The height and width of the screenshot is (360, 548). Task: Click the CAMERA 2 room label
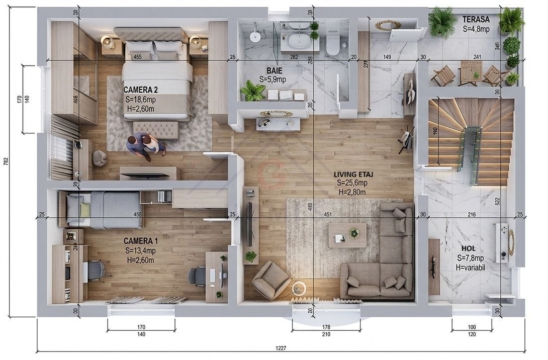click(141, 90)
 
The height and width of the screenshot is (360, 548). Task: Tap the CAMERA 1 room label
click(140, 241)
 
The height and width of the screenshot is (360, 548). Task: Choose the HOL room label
click(468, 249)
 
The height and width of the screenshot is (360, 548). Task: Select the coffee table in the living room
click(347, 235)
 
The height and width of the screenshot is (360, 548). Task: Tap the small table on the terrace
click(470, 73)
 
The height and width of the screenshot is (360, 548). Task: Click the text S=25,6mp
click(351, 183)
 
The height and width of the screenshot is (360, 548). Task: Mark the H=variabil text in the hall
click(471, 267)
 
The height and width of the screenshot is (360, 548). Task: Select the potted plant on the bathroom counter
click(253, 91)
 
